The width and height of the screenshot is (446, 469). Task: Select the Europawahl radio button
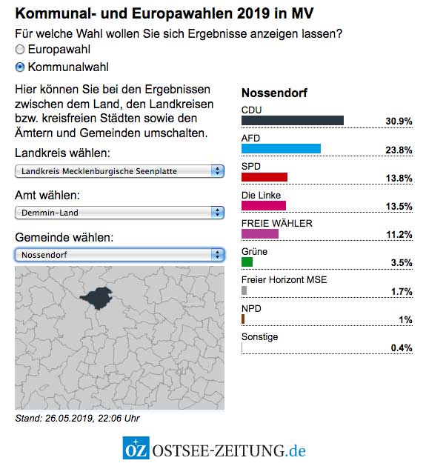click(x=20, y=50)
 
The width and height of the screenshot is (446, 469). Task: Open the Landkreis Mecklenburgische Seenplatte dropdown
click(x=119, y=171)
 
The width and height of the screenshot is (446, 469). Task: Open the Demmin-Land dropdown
click(x=119, y=213)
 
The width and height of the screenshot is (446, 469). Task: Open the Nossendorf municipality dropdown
click(x=119, y=254)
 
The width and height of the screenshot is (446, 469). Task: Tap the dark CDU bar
click(x=293, y=121)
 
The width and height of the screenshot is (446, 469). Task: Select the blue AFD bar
click(x=281, y=149)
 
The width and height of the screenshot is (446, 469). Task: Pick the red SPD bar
click(x=264, y=177)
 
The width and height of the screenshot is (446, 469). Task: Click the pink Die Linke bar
click(x=264, y=205)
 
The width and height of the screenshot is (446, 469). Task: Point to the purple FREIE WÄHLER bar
click(x=260, y=234)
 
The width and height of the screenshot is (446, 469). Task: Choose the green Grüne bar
click(x=247, y=262)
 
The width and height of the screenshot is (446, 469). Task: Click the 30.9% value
click(x=399, y=121)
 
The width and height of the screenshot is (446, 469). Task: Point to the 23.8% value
click(x=399, y=149)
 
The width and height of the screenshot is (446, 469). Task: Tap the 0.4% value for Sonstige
click(x=402, y=347)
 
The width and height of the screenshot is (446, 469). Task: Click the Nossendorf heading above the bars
click(x=274, y=93)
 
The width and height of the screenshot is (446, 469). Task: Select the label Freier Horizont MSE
click(x=284, y=280)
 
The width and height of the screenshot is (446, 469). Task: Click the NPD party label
click(x=251, y=308)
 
